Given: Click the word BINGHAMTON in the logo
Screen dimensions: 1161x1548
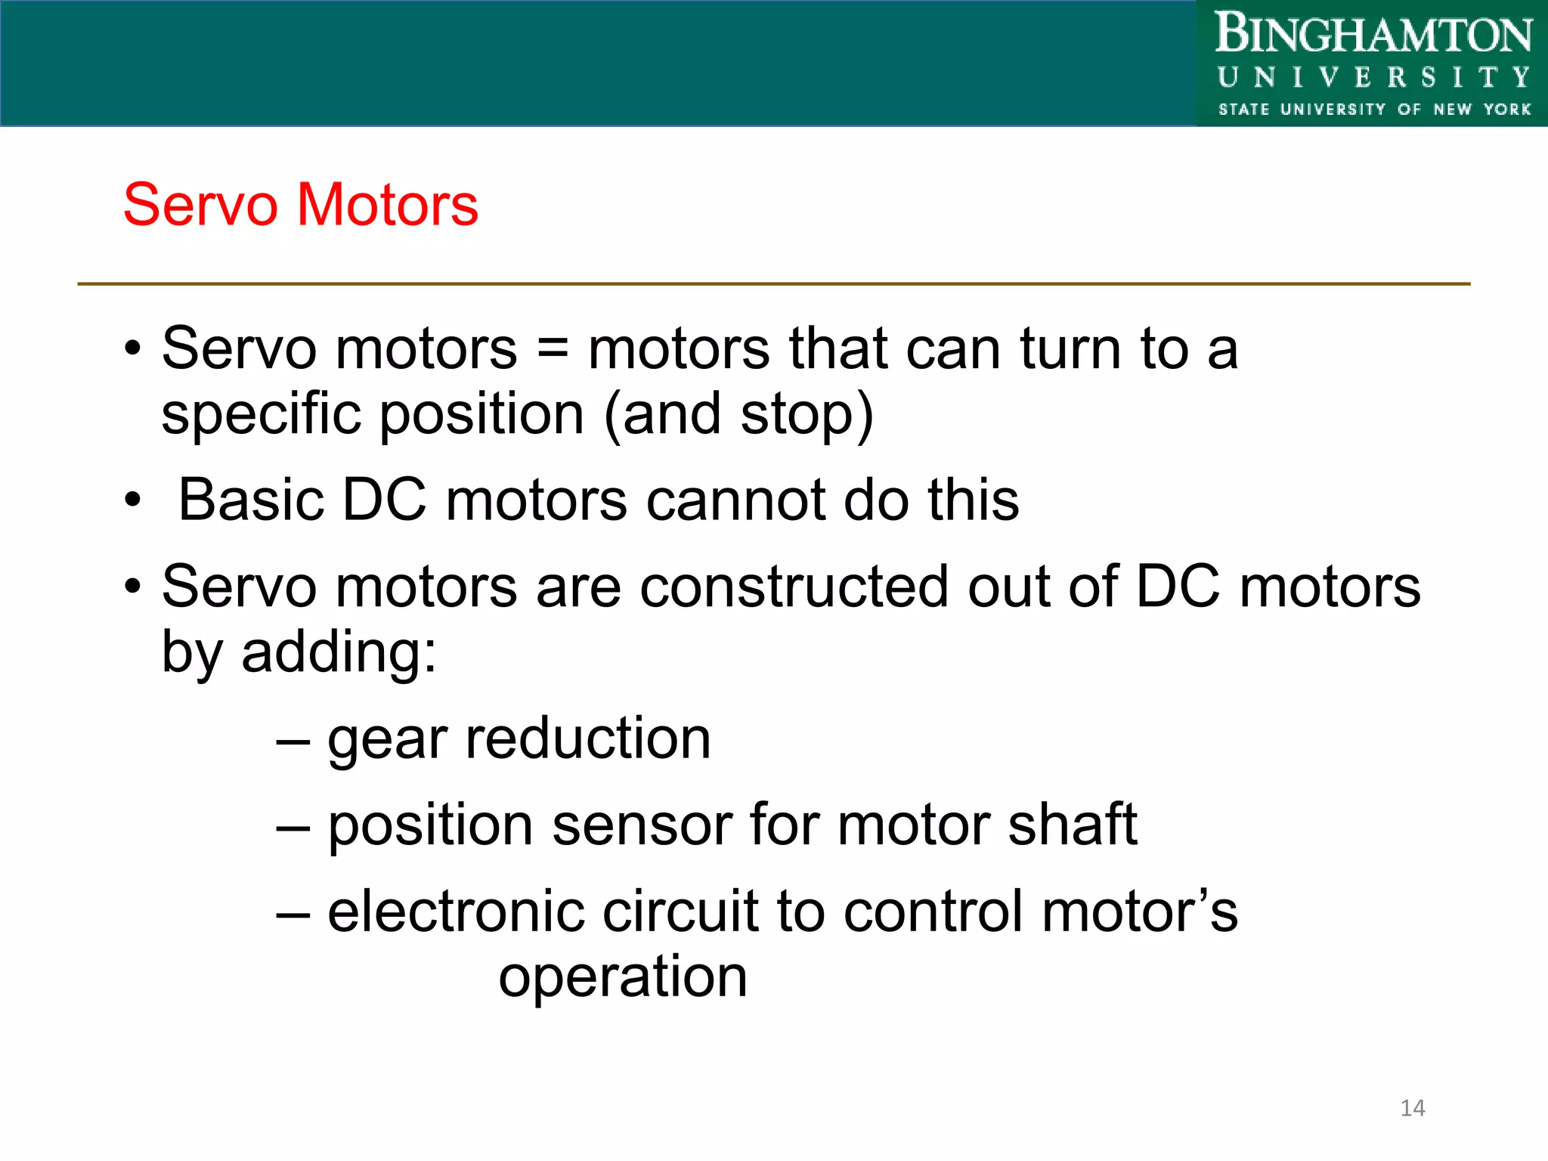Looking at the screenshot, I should coord(1373,35).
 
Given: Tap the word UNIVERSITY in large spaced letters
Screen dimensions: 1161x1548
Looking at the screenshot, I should coord(1373,78).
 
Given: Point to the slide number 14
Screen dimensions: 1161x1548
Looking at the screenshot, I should coord(1412,1108).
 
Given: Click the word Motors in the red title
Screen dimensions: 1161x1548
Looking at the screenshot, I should coord(387,205).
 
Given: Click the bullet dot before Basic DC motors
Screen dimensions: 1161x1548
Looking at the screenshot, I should coord(133,500).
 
